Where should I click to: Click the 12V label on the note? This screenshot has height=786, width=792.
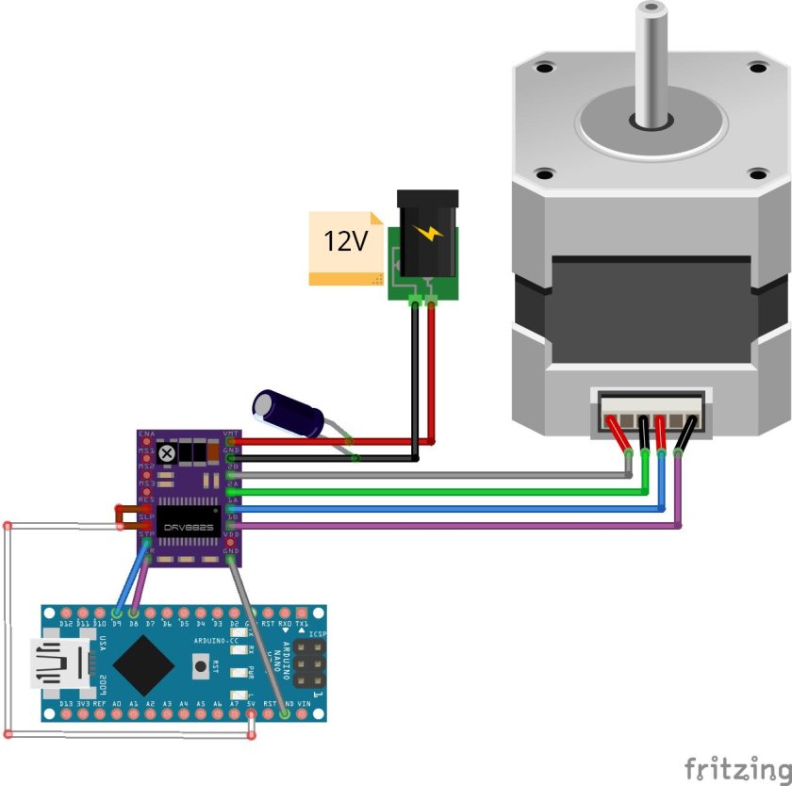pos(345,241)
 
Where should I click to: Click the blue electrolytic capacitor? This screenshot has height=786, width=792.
pos(288,414)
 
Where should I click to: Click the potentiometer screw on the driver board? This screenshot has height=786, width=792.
pos(168,454)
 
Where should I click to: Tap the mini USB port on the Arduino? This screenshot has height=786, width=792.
pos(58,665)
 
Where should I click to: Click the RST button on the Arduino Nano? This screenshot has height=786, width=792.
pos(200,666)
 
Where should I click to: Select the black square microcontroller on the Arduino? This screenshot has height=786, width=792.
pos(141,665)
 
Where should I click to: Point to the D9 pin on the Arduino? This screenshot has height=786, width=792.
pos(116,614)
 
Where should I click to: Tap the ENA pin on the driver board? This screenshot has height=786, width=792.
pos(146,441)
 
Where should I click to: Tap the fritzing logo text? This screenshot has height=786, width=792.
pos(734,767)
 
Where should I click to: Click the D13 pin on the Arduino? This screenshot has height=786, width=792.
pos(66,714)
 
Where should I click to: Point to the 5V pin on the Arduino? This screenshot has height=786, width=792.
pos(251,714)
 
